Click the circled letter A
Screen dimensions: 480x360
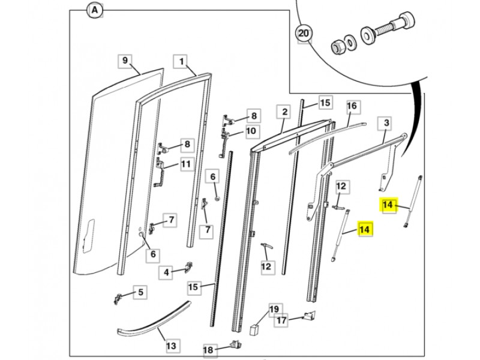(x=95, y=10)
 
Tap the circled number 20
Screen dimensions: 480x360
(x=304, y=33)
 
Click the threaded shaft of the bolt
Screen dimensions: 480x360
(x=385, y=28)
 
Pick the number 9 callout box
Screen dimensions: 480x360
(x=125, y=61)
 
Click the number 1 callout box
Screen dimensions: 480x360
(x=182, y=62)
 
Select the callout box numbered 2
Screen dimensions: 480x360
(x=284, y=112)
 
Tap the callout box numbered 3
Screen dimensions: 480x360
(x=386, y=124)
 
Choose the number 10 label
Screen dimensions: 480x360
(x=251, y=131)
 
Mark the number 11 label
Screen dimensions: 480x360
(x=186, y=164)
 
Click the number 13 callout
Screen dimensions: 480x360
(x=172, y=346)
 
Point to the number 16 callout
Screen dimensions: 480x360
(x=352, y=106)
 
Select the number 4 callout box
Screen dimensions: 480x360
(x=166, y=272)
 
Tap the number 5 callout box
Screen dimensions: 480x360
(x=140, y=292)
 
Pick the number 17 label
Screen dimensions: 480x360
(x=281, y=320)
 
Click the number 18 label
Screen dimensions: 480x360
(x=208, y=350)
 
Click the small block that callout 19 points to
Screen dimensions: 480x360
(x=254, y=331)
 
